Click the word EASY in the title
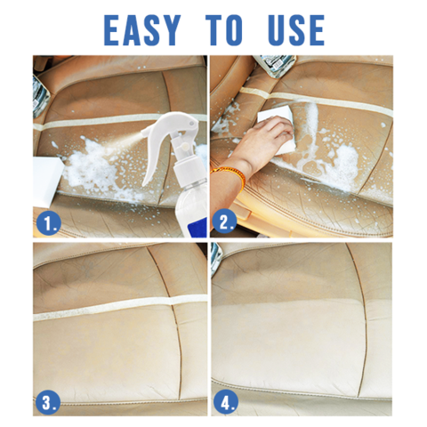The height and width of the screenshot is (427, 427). pyautogui.click(x=142, y=30)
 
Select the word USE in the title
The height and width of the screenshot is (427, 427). pyautogui.click(x=295, y=30)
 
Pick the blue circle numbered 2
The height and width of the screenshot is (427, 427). pyautogui.click(x=224, y=222)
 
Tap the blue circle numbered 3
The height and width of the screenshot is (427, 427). pyautogui.click(x=47, y=403)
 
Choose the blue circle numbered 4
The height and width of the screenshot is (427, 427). pyautogui.click(x=226, y=403)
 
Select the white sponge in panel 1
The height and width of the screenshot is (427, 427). pyautogui.click(x=47, y=181)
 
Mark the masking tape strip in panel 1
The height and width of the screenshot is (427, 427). pyautogui.click(x=118, y=122)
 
